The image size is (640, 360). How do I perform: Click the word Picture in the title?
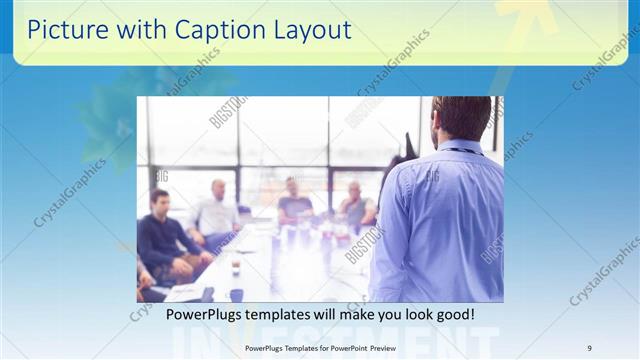(63, 30)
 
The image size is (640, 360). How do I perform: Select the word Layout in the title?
(310, 30)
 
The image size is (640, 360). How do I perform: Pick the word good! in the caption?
(451, 315)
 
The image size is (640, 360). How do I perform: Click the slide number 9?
(589, 347)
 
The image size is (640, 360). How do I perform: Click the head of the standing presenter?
(463, 118)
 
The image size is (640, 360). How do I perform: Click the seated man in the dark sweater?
(161, 240)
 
